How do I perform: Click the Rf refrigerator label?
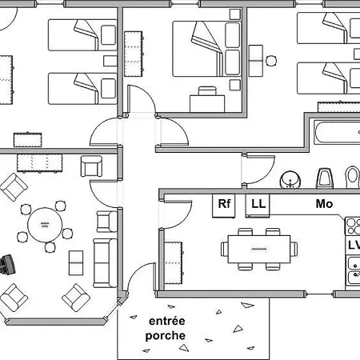click(224, 204)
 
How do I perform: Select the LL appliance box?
click(258, 206)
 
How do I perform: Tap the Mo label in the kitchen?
click(324, 204)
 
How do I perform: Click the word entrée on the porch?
click(167, 321)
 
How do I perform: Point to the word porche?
click(166, 336)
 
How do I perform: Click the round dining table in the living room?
click(45, 225)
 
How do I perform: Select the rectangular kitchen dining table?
click(259, 249)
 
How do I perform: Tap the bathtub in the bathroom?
click(338, 133)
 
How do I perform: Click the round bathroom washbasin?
click(290, 180)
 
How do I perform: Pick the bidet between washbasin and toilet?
click(324, 178)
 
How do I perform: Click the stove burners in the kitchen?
click(352, 226)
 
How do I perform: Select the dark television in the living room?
click(7, 264)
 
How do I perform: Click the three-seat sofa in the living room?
click(105, 263)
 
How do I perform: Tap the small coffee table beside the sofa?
click(76, 262)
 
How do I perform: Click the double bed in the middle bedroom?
click(207, 49)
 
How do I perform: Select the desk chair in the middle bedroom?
click(207, 91)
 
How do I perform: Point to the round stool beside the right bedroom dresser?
click(271, 61)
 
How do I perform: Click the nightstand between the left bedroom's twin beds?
click(110, 61)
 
